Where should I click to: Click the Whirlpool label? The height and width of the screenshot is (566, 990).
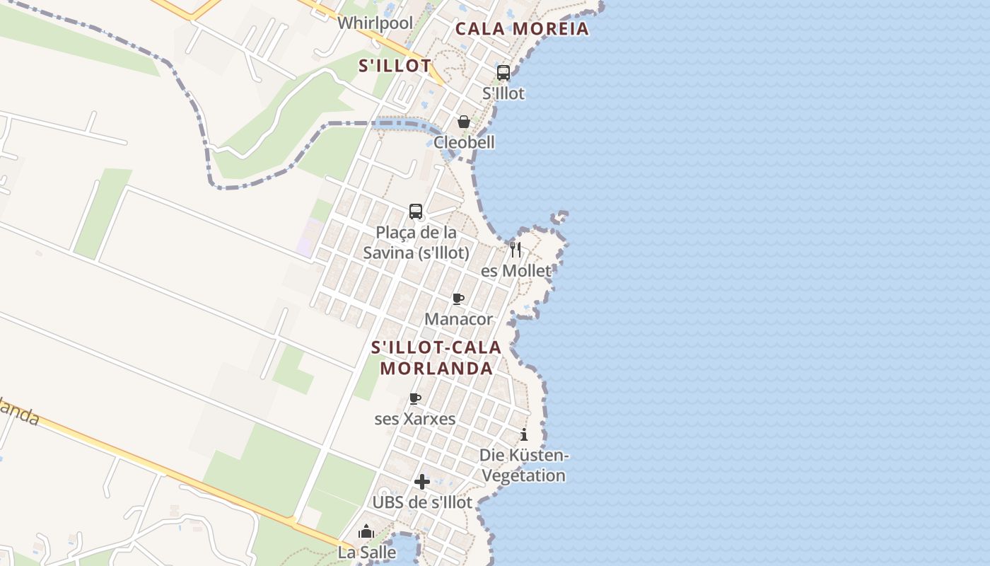click(x=375, y=23)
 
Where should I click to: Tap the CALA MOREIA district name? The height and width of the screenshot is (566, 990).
click(x=522, y=29)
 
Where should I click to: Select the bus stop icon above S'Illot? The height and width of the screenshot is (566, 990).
click(x=503, y=73)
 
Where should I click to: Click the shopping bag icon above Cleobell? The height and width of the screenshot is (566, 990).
click(x=464, y=122)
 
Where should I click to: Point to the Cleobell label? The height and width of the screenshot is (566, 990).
click(x=464, y=142)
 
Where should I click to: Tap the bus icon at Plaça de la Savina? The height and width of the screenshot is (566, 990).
click(x=416, y=212)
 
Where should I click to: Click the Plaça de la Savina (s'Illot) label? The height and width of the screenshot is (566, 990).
click(x=416, y=243)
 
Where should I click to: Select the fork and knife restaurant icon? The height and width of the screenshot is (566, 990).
click(x=516, y=249)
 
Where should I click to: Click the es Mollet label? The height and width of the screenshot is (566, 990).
click(x=516, y=271)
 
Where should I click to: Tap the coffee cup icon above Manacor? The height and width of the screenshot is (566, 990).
click(x=458, y=299)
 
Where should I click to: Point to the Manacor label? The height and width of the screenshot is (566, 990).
click(x=458, y=319)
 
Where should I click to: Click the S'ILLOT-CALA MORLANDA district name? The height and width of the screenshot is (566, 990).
click(x=436, y=358)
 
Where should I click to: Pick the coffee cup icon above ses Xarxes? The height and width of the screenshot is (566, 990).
click(x=415, y=399)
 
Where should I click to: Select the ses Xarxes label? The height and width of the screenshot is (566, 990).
click(x=415, y=419)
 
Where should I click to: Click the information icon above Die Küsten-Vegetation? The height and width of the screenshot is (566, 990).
click(x=524, y=434)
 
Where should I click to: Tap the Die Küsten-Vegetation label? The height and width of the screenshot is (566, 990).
click(x=524, y=465)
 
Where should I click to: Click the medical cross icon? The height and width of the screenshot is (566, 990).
click(x=422, y=482)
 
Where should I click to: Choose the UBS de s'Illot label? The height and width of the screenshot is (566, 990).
click(x=422, y=502)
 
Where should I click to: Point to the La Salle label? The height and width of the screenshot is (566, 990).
click(x=366, y=553)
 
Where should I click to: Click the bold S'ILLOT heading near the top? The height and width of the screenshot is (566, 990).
click(x=395, y=67)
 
